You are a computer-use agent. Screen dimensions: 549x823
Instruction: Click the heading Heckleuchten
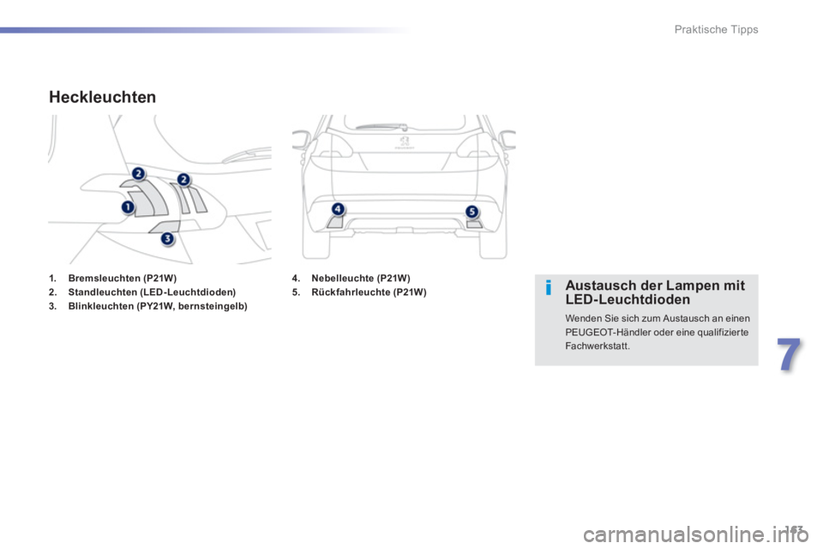pos(103,98)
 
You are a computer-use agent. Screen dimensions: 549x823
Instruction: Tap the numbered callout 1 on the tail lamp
pos(127,207)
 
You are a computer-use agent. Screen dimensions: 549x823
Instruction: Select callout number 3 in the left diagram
pos(168,238)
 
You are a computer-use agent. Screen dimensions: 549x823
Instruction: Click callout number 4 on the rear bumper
pos(338,208)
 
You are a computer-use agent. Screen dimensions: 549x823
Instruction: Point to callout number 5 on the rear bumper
pos(471,211)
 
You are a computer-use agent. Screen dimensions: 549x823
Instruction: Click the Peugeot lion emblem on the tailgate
pos(404,136)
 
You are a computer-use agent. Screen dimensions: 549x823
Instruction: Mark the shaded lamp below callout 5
pos(474,224)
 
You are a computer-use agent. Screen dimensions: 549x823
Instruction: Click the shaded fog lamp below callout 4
pos(335,221)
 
